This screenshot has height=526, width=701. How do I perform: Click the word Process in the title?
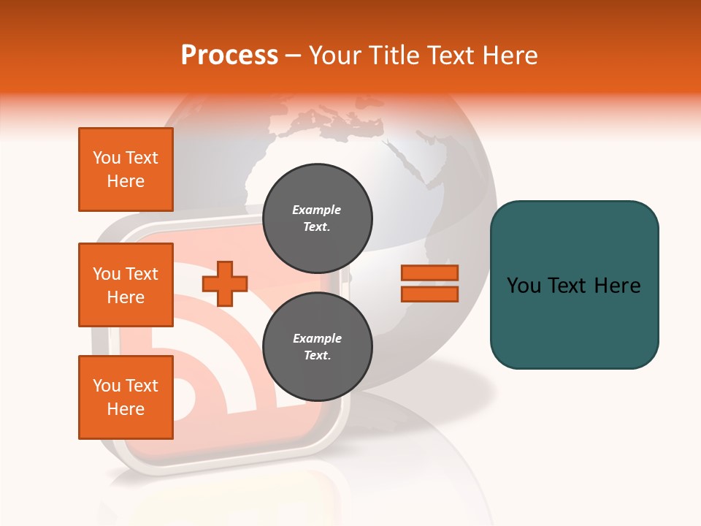coord(229,56)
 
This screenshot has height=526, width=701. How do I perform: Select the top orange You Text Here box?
coord(126,169)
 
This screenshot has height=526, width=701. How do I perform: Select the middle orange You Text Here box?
coord(126,285)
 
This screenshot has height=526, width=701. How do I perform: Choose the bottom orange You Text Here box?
coord(126,397)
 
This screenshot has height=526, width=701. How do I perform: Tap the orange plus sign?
coord(225,283)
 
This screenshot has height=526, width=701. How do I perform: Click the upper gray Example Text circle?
coord(317,218)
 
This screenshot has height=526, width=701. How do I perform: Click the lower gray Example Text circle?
coord(317,347)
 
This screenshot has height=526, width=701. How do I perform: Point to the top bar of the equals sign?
coord(429,273)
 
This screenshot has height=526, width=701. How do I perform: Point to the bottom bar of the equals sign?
coord(429,294)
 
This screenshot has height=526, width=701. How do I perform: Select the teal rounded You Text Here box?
coord(574,284)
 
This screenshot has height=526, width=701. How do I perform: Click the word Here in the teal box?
coord(617,286)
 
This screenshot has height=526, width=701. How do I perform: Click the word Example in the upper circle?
coord(316,210)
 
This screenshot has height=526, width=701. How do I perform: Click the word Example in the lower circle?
coord(317,338)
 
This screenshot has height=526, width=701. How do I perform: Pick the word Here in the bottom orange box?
coord(126,409)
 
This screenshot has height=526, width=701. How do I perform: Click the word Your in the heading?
coord(334,56)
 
